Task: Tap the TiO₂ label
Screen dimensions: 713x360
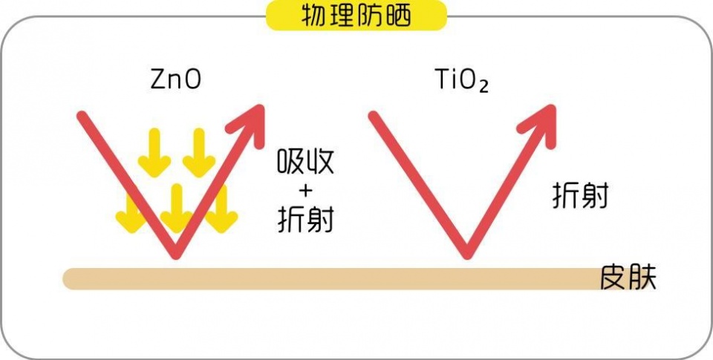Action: click(x=461, y=80)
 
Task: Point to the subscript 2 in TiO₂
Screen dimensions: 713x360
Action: click(x=484, y=87)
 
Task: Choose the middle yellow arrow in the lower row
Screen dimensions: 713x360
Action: click(x=176, y=208)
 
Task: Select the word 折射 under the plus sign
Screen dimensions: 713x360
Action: click(x=305, y=219)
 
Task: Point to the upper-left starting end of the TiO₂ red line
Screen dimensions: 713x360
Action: click(x=374, y=116)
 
